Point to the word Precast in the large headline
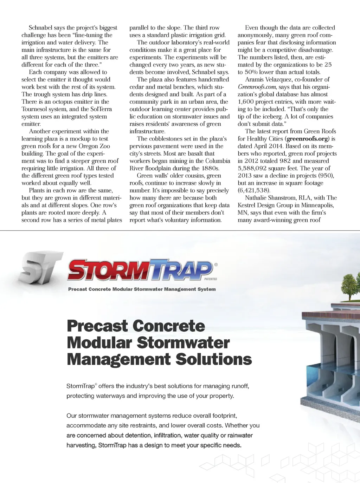point(97,326)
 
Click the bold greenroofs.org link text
point(308,139)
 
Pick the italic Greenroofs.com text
point(257,87)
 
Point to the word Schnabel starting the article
point(42,28)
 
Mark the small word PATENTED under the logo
point(211,279)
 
